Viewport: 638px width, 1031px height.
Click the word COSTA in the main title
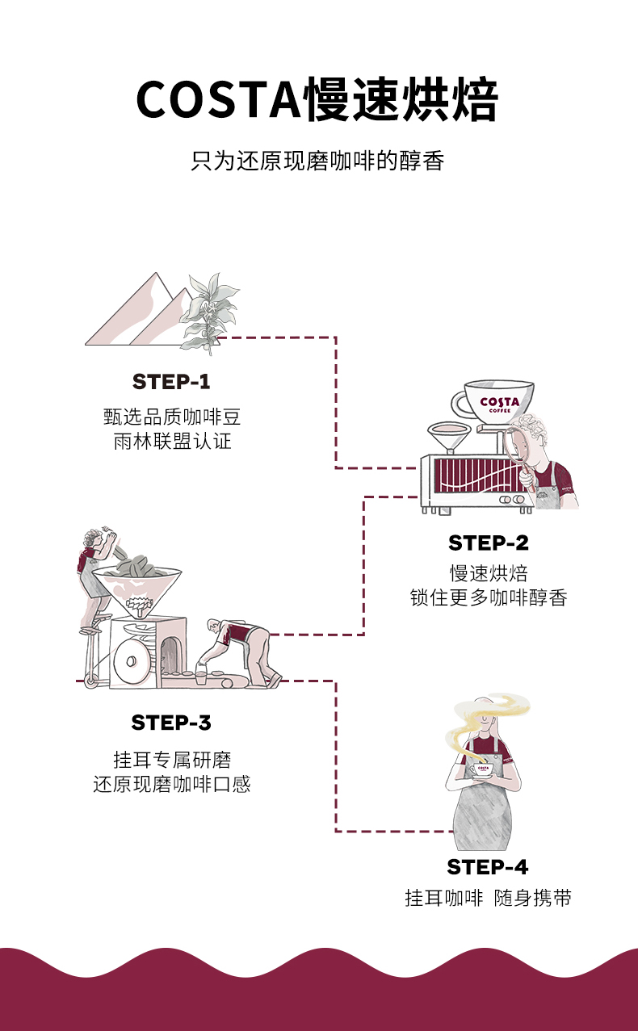tap(217, 101)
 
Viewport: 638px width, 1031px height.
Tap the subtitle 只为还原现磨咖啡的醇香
tap(318, 160)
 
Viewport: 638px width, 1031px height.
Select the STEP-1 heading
tap(171, 382)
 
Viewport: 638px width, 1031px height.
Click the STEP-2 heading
tap(488, 543)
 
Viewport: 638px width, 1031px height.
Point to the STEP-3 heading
tap(171, 723)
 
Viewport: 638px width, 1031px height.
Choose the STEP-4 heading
tap(488, 868)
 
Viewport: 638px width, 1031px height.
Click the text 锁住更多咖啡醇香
tap(488, 598)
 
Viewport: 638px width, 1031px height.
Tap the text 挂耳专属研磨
tap(171, 760)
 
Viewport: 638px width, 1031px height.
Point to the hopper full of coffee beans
tap(137, 577)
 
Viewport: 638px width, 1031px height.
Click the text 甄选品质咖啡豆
tap(171, 417)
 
